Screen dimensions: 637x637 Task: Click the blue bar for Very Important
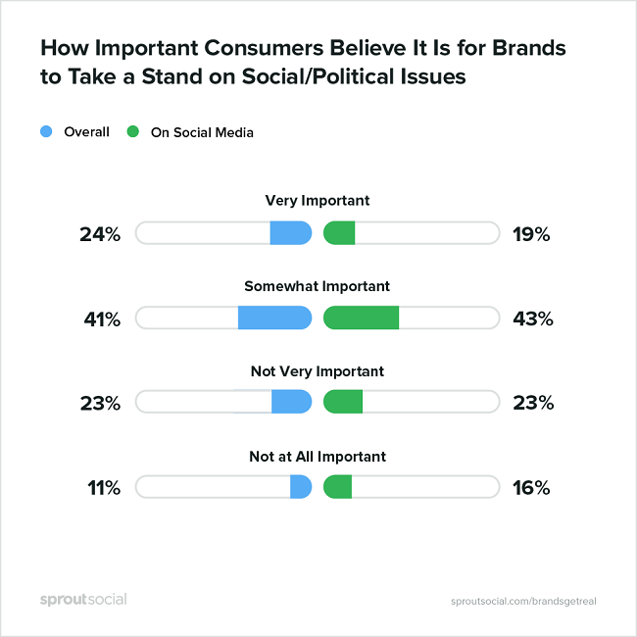tap(291, 233)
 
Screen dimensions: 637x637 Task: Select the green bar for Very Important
tap(339, 233)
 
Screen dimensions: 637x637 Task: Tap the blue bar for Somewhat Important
tap(274, 318)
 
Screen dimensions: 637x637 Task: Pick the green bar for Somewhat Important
tap(361, 318)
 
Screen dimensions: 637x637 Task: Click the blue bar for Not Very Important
tap(291, 402)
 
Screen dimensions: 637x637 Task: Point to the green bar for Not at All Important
tap(337, 487)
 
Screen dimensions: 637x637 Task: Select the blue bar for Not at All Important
tap(301, 487)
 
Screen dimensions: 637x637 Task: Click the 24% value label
tap(100, 234)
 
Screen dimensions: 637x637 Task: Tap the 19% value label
tap(531, 234)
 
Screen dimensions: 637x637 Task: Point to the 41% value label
tap(100, 318)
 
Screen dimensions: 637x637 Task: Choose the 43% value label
tap(532, 318)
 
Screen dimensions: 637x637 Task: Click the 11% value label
tap(101, 487)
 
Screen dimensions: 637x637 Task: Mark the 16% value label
tap(531, 487)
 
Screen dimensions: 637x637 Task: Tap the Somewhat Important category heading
tap(318, 286)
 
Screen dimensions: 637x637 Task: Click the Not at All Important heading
tap(318, 456)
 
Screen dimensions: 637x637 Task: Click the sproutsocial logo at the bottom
tap(83, 599)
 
